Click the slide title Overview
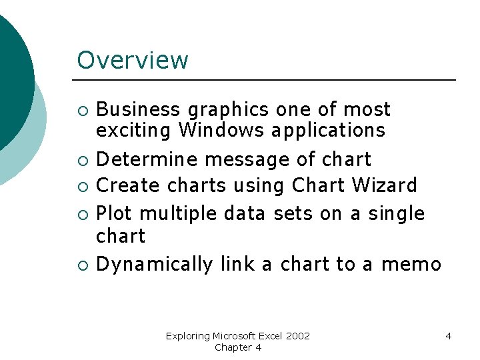[x=133, y=60]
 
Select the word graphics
[x=228, y=110]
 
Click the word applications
[x=328, y=131]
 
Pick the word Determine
[x=147, y=159]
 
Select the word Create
[x=129, y=185]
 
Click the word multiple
[x=179, y=214]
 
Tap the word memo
[x=411, y=265]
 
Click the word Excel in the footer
[x=273, y=336]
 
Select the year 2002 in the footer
[x=299, y=336]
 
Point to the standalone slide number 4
[x=448, y=336]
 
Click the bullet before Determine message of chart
[x=82, y=160]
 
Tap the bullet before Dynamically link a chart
[x=82, y=265]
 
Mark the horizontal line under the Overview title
[x=267, y=80]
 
